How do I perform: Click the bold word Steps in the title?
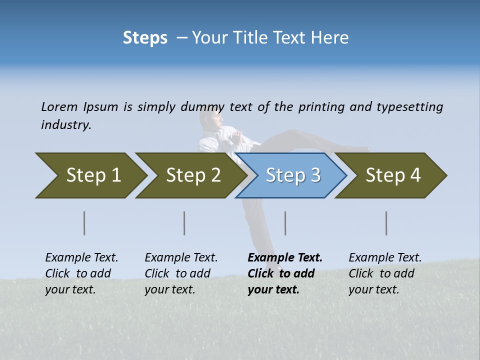point(145,38)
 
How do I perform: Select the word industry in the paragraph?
point(66,125)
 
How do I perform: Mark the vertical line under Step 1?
point(84,223)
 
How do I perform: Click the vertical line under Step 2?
point(184,223)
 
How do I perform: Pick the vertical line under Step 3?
point(285,223)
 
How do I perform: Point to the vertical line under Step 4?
point(386,223)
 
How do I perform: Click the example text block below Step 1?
point(81,273)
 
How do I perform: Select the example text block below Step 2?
point(181,273)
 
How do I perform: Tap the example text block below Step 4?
point(385,273)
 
